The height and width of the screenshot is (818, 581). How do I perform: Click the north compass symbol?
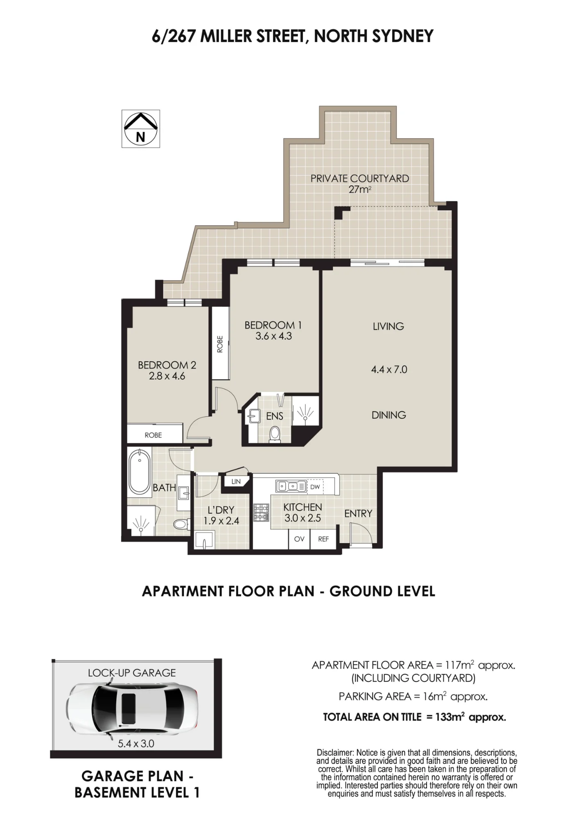pyautogui.click(x=140, y=128)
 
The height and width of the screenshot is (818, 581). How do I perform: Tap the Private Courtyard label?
pyautogui.click(x=359, y=179)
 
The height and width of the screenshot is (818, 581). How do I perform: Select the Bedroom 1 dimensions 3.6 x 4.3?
pyautogui.click(x=274, y=336)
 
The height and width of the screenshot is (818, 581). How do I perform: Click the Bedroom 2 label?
pyautogui.click(x=167, y=365)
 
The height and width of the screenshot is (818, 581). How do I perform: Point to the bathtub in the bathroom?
pyautogui.click(x=140, y=472)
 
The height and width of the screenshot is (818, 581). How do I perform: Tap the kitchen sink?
pyautogui.click(x=292, y=486)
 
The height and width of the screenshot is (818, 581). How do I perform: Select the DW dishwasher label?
pyautogui.click(x=315, y=487)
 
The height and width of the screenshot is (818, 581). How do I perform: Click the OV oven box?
pyautogui.click(x=299, y=539)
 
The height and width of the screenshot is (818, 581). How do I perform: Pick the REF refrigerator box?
pyautogui.click(x=323, y=539)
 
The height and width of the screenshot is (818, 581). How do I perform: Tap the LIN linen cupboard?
pyautogui.click(x=236, y=482)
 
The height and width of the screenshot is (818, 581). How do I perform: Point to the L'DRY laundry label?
pyautogui.click(x=221, y=510)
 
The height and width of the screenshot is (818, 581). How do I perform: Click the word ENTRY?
pyautogui.click(x=358, y=513)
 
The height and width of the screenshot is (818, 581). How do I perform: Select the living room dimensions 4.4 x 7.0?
pyautogui.click(x=389, y=369)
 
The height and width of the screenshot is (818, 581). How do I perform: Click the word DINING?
pyautogui.click(x=389, y=415)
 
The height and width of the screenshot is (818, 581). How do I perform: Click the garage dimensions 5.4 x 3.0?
pyautogui.click(x=136, y=744)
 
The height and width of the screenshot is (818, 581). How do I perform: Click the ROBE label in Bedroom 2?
pyautogui.click(x=153, y=435)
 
